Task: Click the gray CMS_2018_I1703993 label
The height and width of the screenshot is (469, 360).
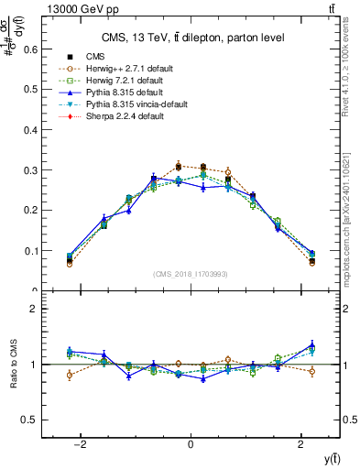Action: (x=191, y=274)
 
